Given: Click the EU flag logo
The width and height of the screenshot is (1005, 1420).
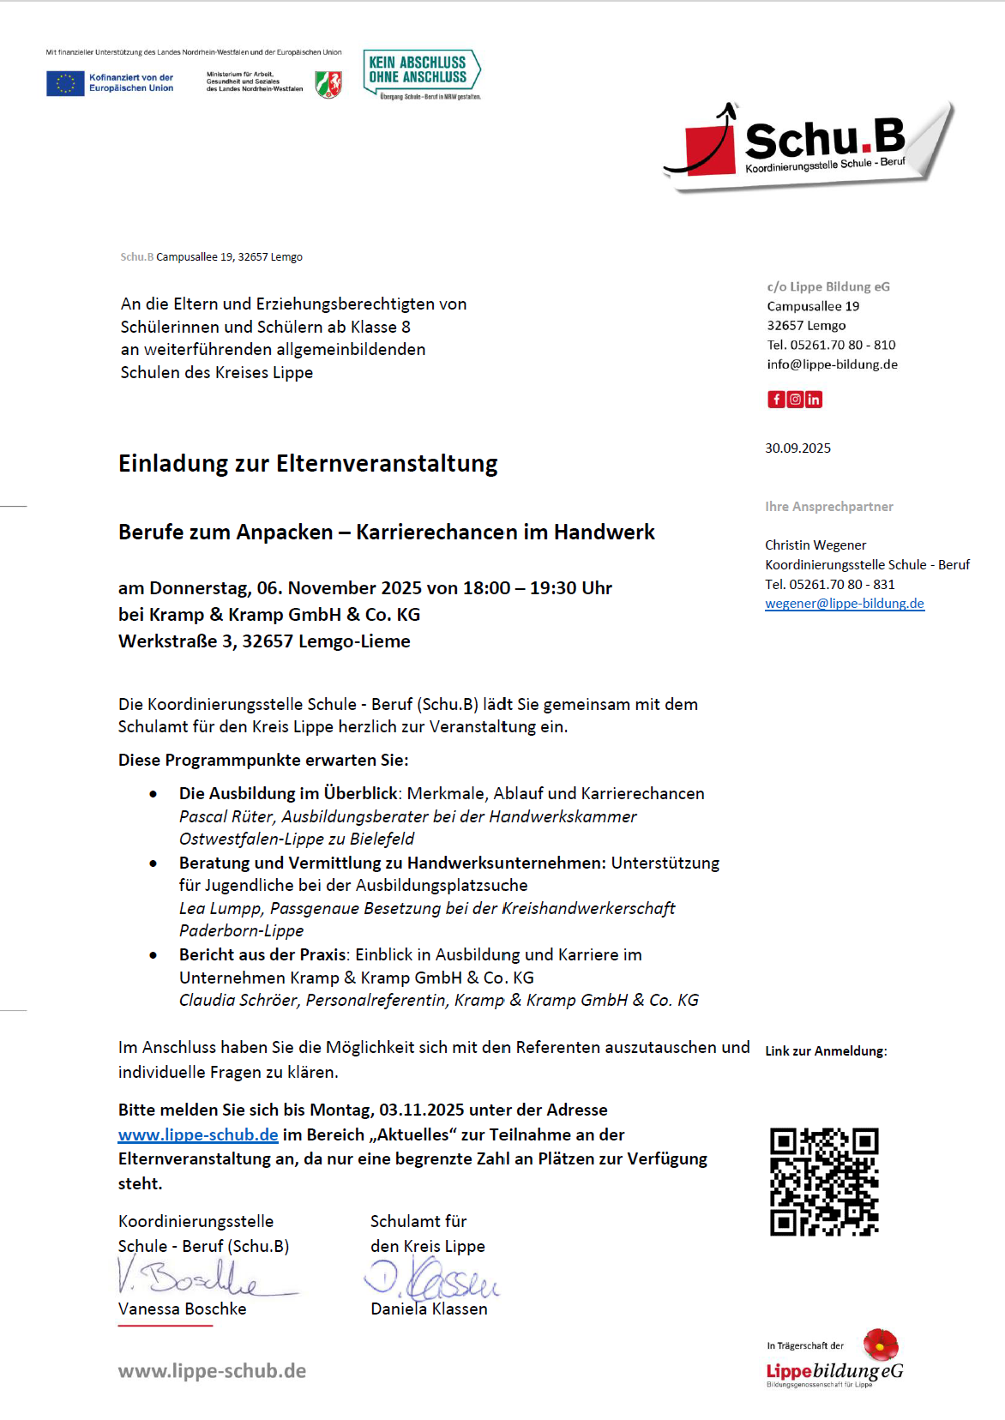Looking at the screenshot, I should [x=65, y=83].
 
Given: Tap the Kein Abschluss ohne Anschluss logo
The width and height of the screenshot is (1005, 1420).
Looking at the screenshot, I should [x=421, y=73].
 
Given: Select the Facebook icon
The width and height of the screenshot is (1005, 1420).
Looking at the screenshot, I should [x=776, y=399].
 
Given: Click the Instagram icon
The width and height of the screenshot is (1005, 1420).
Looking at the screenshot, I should [x=795, y=399].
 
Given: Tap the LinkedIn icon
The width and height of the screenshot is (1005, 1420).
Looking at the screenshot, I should [x=814, y=399].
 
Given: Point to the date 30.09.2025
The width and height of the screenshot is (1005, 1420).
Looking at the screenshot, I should [x=797, y=448].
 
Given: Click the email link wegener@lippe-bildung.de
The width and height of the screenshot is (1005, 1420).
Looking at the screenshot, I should [x=844, y=603].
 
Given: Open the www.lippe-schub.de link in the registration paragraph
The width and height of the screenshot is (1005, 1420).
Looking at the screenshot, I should [x=198, y=1134].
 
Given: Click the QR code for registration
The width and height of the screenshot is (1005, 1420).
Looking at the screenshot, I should [x=824, y=1182].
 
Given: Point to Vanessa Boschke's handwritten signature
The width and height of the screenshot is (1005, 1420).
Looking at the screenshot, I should [x=206, y=1277].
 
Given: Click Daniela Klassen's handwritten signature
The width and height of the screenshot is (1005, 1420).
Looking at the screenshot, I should [x=433, y=1279].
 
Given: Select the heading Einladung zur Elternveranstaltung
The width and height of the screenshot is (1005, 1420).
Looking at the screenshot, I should [x=308, y=463].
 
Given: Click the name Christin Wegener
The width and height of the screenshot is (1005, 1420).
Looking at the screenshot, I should [x=815, y=545].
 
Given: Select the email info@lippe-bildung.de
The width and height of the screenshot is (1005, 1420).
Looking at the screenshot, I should [x=832, y=364].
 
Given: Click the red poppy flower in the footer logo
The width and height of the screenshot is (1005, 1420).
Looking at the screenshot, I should [x=880, y=1345].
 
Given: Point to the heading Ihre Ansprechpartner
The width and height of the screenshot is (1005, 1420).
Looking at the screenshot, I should [x=828, y=506].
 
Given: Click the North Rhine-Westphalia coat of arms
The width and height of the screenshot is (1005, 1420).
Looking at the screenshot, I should [x=328, y=83].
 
